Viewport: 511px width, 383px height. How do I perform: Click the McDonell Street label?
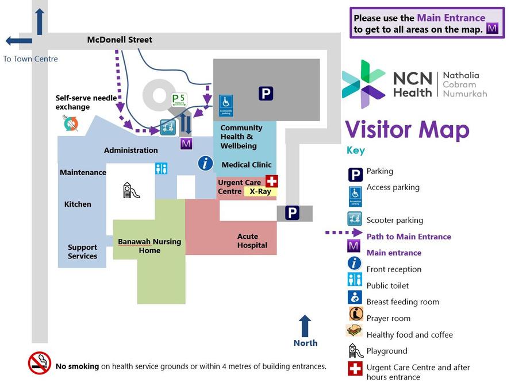point(120,40)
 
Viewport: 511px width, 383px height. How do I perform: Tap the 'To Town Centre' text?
point(30,59)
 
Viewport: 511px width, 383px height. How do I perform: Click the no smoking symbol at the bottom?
point(40,363)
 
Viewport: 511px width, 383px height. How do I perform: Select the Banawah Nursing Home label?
point(149,246)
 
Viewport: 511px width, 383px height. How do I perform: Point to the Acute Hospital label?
point(252,241)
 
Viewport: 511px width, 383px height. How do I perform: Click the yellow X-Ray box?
point(260,191)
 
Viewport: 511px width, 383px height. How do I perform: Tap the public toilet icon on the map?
point(161,168)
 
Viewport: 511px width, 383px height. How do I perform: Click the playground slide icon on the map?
point(132,190)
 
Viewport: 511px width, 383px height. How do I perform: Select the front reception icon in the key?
point(355,264)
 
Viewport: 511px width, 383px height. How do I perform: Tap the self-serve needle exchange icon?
point(71,123)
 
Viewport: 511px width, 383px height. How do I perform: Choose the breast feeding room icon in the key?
point(355,297)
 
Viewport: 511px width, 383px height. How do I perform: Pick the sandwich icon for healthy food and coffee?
point(354,331)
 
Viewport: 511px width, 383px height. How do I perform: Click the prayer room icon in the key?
point(355,314)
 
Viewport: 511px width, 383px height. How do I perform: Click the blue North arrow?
point(305,325)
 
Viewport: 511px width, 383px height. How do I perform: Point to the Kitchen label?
point(78,204)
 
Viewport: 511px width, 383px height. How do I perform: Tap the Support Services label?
point(82,252)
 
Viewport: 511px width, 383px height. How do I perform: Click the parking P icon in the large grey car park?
point(266,93)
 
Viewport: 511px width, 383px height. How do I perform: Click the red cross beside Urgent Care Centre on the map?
point(271,181)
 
